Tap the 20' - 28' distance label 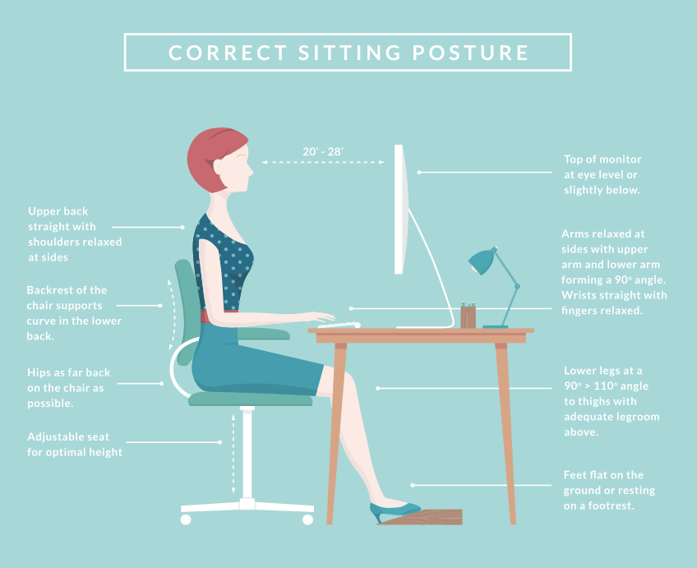pyautogui.click(x=323, y=152)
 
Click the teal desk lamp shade pyautogui.click(x=482, y=261)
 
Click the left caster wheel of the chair pyautogui.click(x=186, y=520)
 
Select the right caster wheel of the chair pyautogui.click(x=307, y=520)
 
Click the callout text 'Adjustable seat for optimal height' pyautogui.click(x=75, y=445)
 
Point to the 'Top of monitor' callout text pyautogui.click(x=602, y=174)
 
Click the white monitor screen pyautogui.click(x=399, y=210)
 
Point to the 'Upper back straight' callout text pyautogui.click(x=75, y=234)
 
